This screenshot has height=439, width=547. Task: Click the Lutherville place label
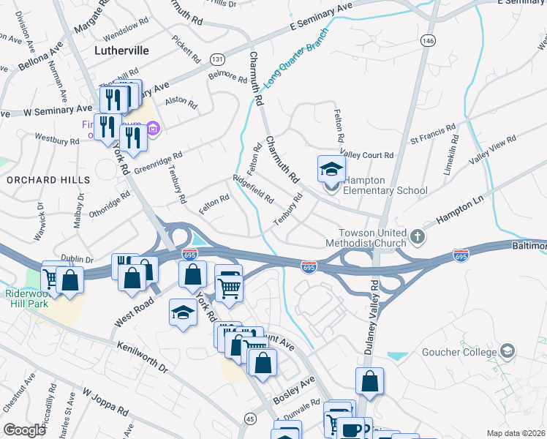click(x=122, y=50)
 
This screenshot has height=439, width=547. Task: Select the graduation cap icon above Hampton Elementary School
click(x=331, y=169)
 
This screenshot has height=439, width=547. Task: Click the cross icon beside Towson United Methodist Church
click(x=417, y=236)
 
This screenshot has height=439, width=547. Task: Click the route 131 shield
click(x=217, y=58)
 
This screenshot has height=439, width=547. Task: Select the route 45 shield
click(x=250, y=419)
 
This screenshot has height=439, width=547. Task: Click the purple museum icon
click(x=154, y=130)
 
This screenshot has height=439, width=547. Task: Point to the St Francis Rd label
click(x=434, y=138)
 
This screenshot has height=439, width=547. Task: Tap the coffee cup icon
click(x=350, y=429)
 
